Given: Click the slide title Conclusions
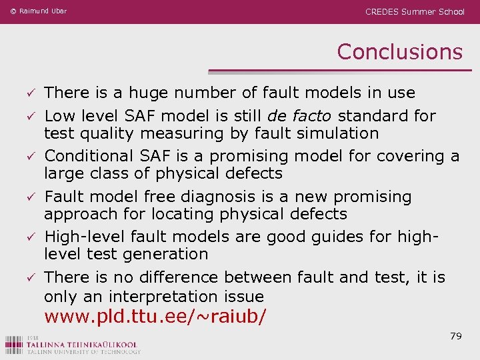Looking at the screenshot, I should (x=399, y=51).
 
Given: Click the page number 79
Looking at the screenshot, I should (x=456, y=336).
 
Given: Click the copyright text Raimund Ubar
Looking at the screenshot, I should (x=38, y=11).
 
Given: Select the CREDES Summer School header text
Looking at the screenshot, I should (x=415, y=11).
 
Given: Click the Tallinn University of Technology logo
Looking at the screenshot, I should (x=73, y=343).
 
